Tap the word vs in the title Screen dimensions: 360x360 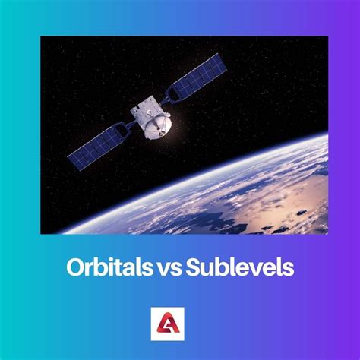point(168,268)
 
